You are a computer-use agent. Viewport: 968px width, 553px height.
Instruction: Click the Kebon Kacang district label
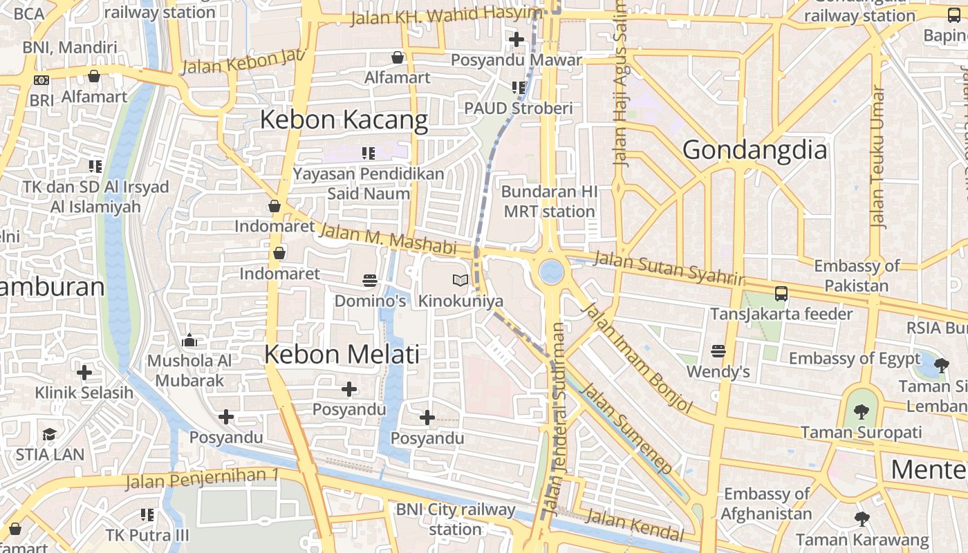[x=344, y=120]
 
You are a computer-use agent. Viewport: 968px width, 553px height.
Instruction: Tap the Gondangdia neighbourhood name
[x=754, y=150]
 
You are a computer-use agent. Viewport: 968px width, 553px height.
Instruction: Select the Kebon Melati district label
[x=342, y=355]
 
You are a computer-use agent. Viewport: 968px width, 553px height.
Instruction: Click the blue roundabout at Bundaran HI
[x=551, y=271]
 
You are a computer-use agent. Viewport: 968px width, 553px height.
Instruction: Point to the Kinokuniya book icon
[x=460, y=280]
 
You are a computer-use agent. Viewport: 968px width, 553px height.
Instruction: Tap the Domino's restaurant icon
[x=370, y=280]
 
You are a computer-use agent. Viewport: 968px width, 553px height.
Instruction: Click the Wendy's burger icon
[x=718, y=350]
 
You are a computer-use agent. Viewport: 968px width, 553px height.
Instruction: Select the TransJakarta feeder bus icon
[x=781, y=293]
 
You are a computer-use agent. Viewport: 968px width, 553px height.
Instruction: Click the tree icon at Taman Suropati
[x=861, y=412]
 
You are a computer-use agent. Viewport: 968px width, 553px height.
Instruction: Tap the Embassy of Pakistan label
[x=857, y=276]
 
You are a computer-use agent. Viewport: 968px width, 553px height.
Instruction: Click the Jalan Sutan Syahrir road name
[x=669, y=268]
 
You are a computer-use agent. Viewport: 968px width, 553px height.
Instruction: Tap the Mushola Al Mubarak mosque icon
[x=189, y=340]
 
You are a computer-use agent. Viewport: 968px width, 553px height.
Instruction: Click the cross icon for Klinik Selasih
[x=84, y=373]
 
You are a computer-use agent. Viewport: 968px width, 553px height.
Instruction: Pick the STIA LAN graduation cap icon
[x=49, y=434]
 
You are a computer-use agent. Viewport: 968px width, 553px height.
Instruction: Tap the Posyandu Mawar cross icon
[x=516, y=39]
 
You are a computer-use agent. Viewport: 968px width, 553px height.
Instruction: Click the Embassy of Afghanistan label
[x=766, y=504]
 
